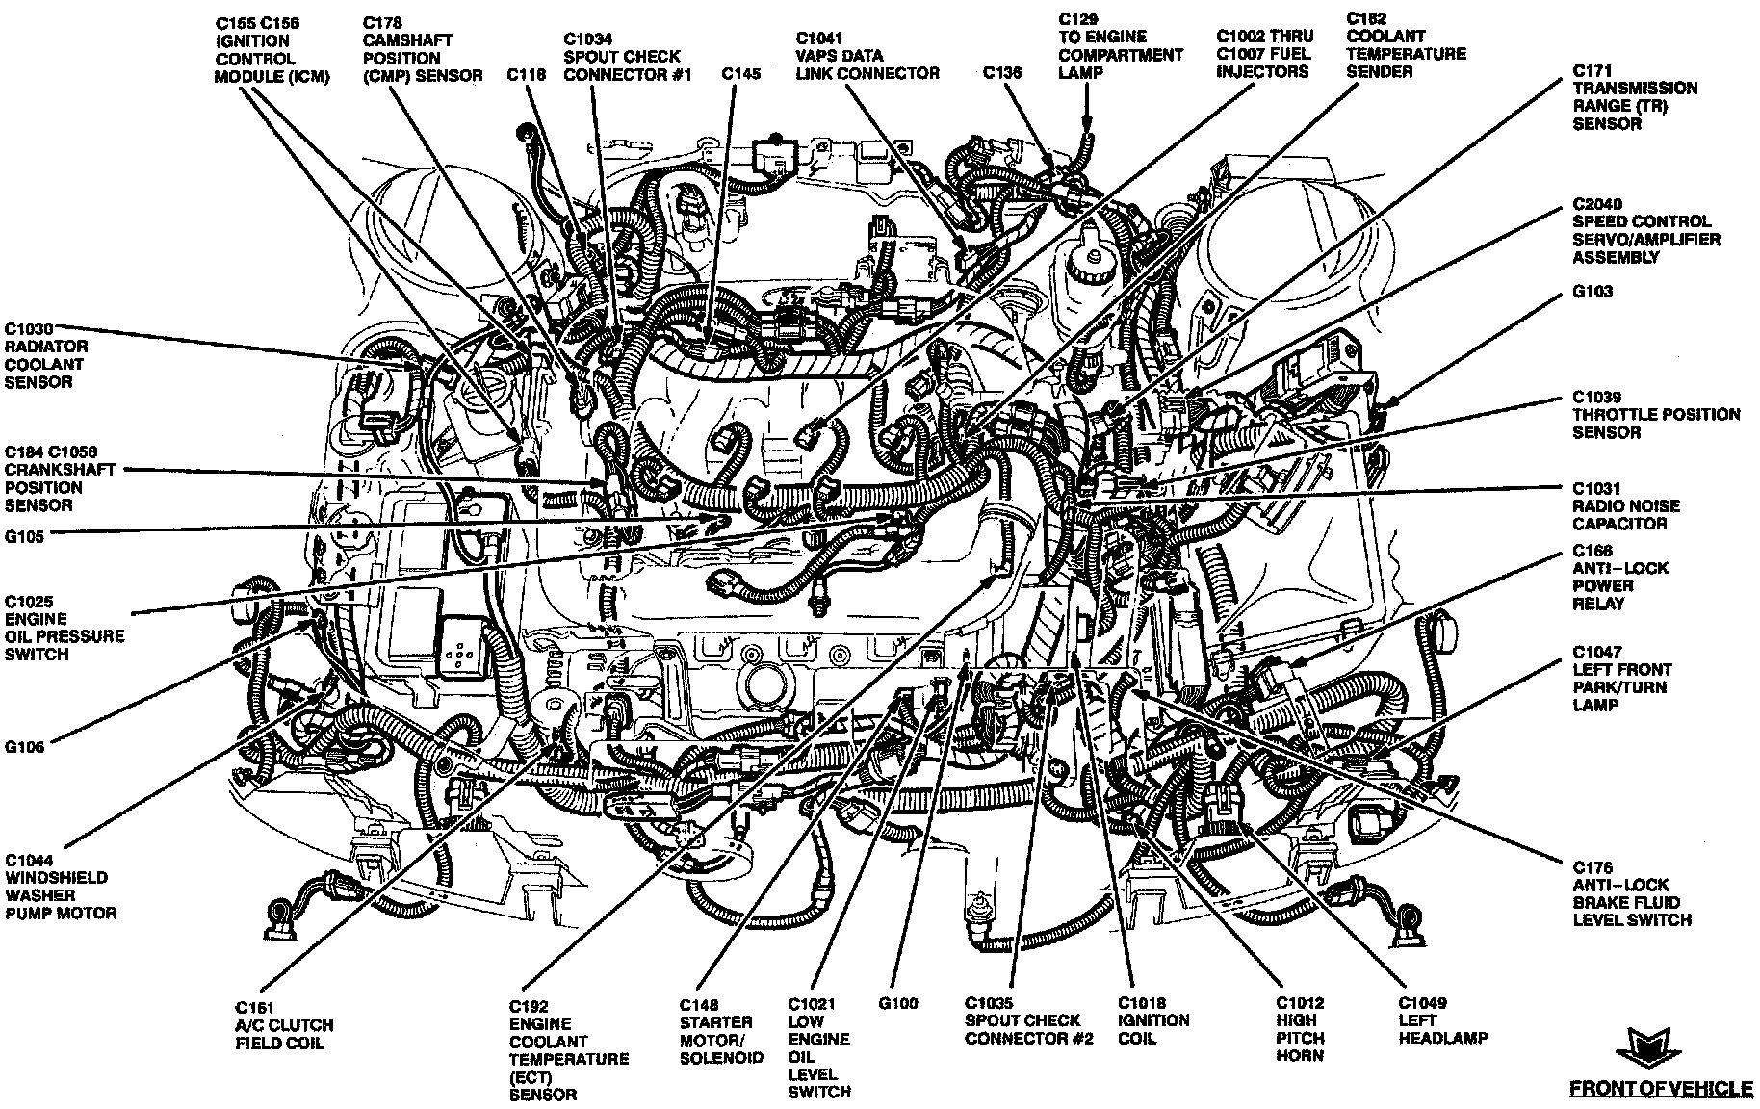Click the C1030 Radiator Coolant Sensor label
[45, 355]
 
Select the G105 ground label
[24, 537]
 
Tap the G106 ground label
[24, 746]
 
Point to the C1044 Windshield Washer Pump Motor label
[60, 887]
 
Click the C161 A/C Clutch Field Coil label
[284, 1025]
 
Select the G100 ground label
[897, 1003]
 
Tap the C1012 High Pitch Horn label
[1301, 1029]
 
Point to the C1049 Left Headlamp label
[1442, 1020]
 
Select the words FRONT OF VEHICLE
[1661, 1089]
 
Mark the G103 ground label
[1592, 291]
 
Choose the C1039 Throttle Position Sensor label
[1656, 415]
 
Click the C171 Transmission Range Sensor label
[1635, 97]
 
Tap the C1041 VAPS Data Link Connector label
[867, 55]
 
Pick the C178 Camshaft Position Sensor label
[422, 48]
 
